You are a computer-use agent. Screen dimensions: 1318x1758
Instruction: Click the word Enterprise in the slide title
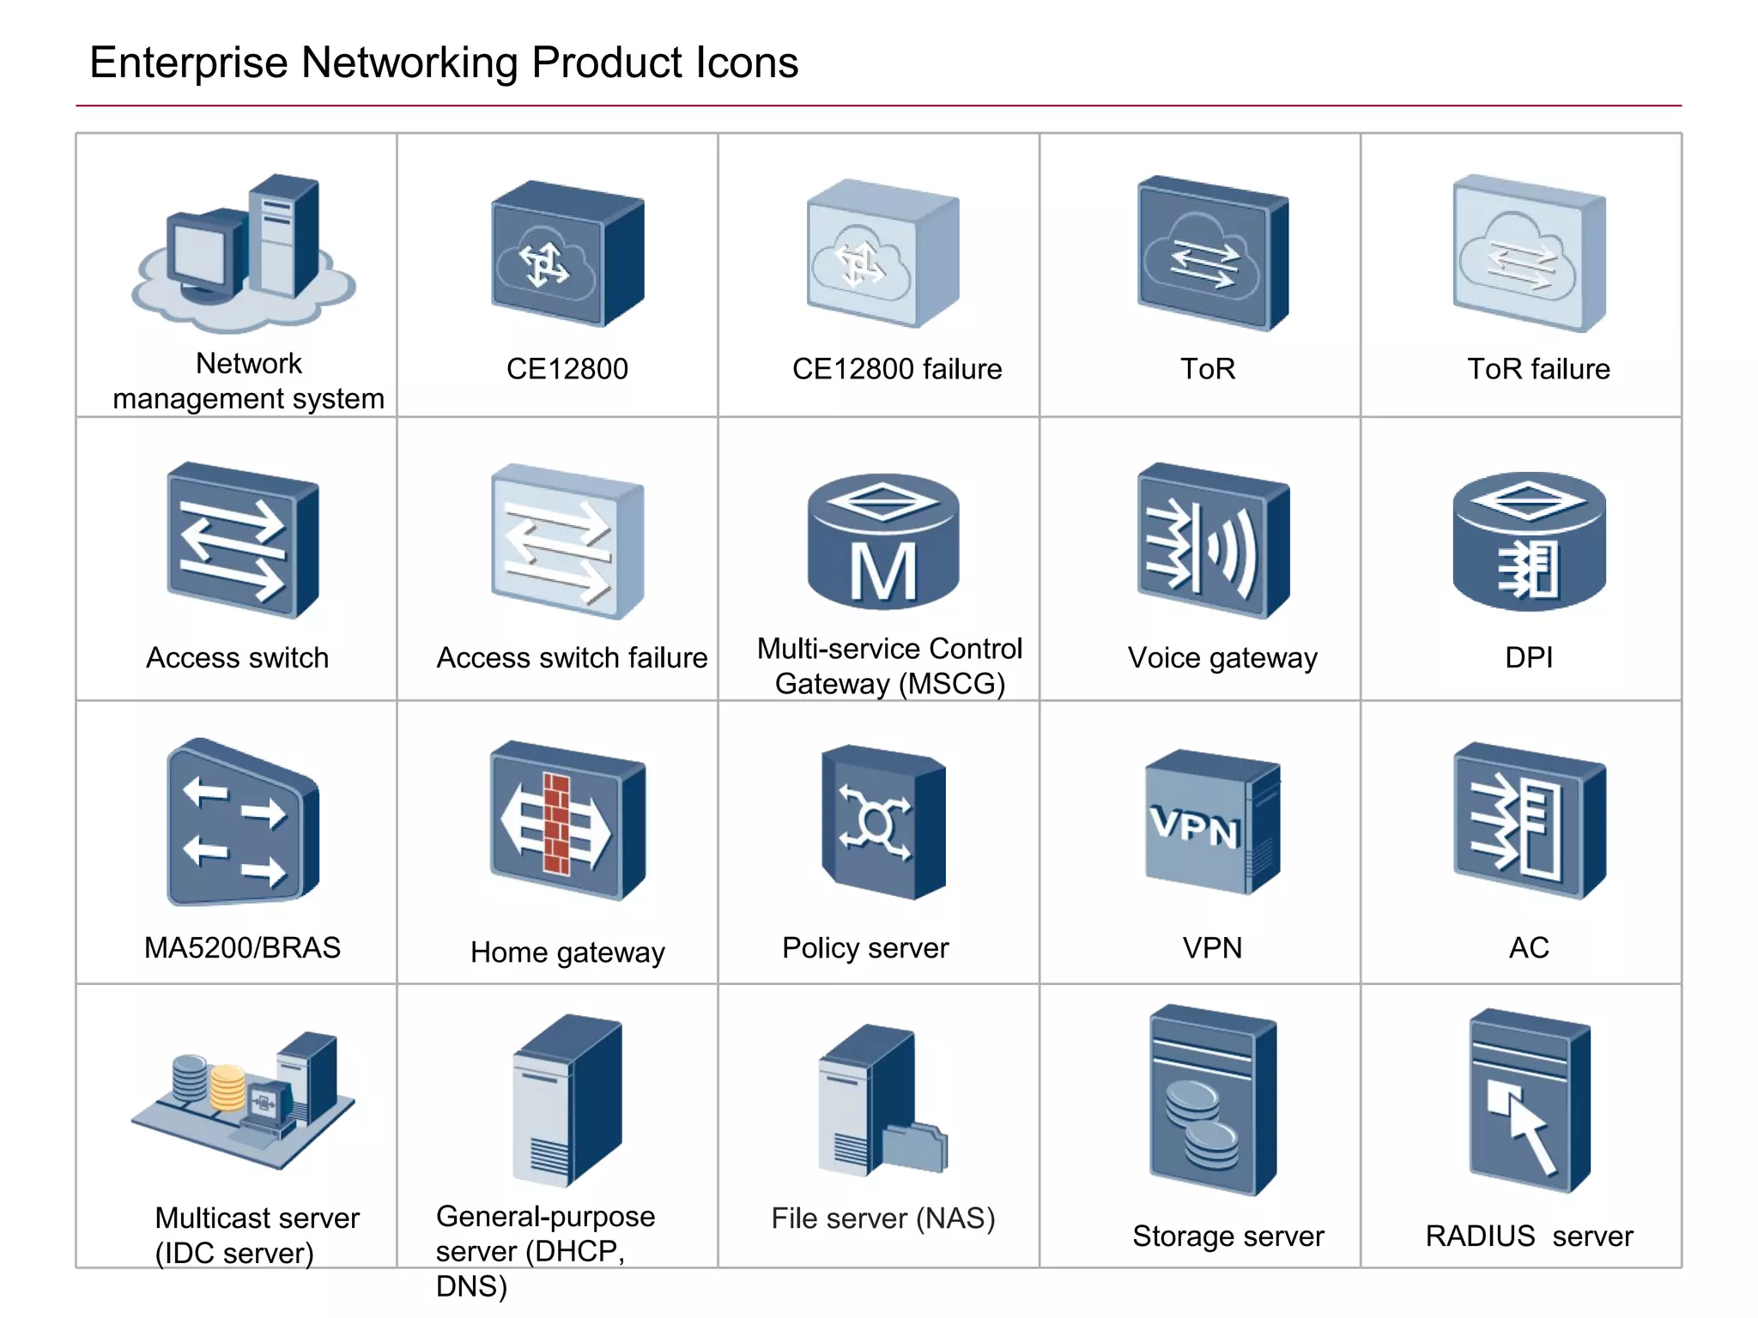tap(188, 63)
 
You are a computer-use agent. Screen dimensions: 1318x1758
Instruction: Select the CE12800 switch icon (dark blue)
tap(567, 253)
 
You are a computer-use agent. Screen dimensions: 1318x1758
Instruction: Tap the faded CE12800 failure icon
tap(882, 253)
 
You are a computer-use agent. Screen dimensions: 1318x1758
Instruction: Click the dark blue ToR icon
tap(1211, 253)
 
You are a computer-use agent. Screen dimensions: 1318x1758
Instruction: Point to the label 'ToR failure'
tap(1538, 369)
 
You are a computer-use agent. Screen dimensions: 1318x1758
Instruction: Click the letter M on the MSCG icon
tap(883, 572)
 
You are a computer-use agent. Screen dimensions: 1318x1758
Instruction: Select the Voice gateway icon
tap(1212, 541)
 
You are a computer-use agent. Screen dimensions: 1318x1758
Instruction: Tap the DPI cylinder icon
tap(1529, 541)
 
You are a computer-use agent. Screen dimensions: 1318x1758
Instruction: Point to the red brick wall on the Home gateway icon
tap(556, 824)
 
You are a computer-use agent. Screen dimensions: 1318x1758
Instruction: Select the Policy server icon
tap(882, 824)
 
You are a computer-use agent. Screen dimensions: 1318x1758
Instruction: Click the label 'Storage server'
tap(1228, 1236)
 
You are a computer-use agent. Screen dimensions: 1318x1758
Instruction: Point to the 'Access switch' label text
tap(238, 658)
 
